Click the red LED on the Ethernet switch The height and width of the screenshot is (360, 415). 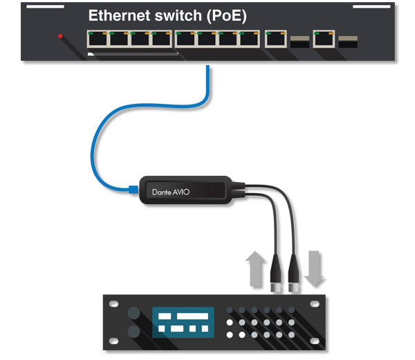point(61,36)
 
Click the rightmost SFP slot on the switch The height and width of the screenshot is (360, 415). point(348,42)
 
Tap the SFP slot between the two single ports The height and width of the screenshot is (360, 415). point(299,42)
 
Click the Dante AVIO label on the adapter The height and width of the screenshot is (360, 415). point(171,192)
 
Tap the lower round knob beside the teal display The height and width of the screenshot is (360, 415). point(131,334)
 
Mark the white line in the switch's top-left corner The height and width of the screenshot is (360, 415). point(45,6)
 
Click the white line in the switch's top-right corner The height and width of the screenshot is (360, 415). point(371,6)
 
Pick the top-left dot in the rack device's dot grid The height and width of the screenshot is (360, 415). point(230,310)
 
